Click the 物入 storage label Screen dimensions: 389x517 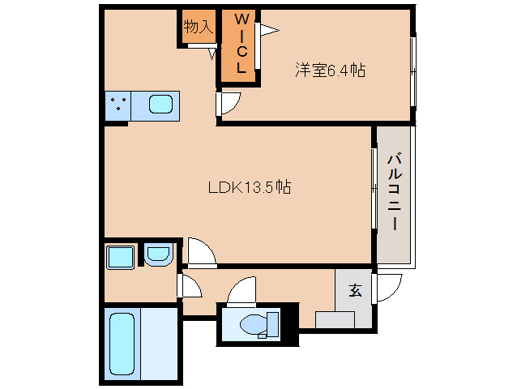click(x=198, y=27)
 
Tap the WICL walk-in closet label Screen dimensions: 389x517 click(x=241, y=45)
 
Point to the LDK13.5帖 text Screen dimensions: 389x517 click(x=250, y=187)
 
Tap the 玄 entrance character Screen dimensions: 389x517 click(x=355, y=290)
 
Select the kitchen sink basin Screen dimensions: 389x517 click(x=160, y=105)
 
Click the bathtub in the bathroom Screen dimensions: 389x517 click(x=121, y=344)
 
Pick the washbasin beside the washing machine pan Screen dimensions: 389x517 click(x=157, y=257)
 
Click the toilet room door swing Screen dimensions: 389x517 click(x=242, y=290)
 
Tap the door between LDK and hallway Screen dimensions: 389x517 click(x=201, y=252)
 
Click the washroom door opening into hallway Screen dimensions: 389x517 click(x=190, y=286)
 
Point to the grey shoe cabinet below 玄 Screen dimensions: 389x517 click(x=335, y=318)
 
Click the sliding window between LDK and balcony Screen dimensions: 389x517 click(x=374, y=188)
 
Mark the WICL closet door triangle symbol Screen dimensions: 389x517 click(x=267, y=31)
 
